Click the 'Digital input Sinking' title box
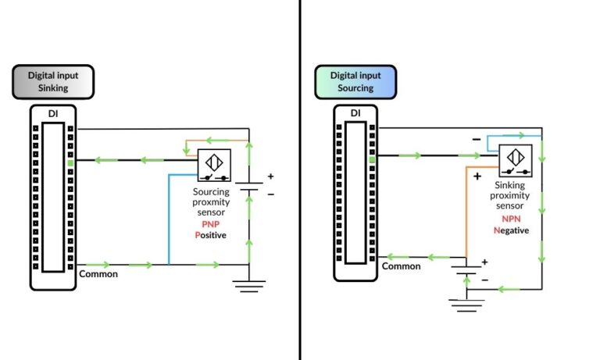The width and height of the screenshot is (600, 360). click(52, 82)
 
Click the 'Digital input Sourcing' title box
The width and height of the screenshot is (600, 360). click(355, 82)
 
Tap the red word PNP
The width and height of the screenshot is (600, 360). click(210, 223)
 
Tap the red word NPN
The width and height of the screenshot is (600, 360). click(512, 219)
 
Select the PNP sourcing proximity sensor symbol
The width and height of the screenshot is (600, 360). click(211, 165)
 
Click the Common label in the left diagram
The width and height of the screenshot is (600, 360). click(98, 274)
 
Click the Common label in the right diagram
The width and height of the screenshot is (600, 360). click(401, 266)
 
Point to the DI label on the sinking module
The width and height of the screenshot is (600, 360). click(52, 115)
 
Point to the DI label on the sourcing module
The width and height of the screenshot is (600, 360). click(355, 113)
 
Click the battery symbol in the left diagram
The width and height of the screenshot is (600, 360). click(249, 188)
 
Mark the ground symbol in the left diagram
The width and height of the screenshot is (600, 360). click(249, 286)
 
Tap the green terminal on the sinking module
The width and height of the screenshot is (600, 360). click(70, 159)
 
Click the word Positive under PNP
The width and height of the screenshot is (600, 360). click(210, 234)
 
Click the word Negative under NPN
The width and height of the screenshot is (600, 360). click(511, 230)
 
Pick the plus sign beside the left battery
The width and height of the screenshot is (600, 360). click(270, 176)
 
